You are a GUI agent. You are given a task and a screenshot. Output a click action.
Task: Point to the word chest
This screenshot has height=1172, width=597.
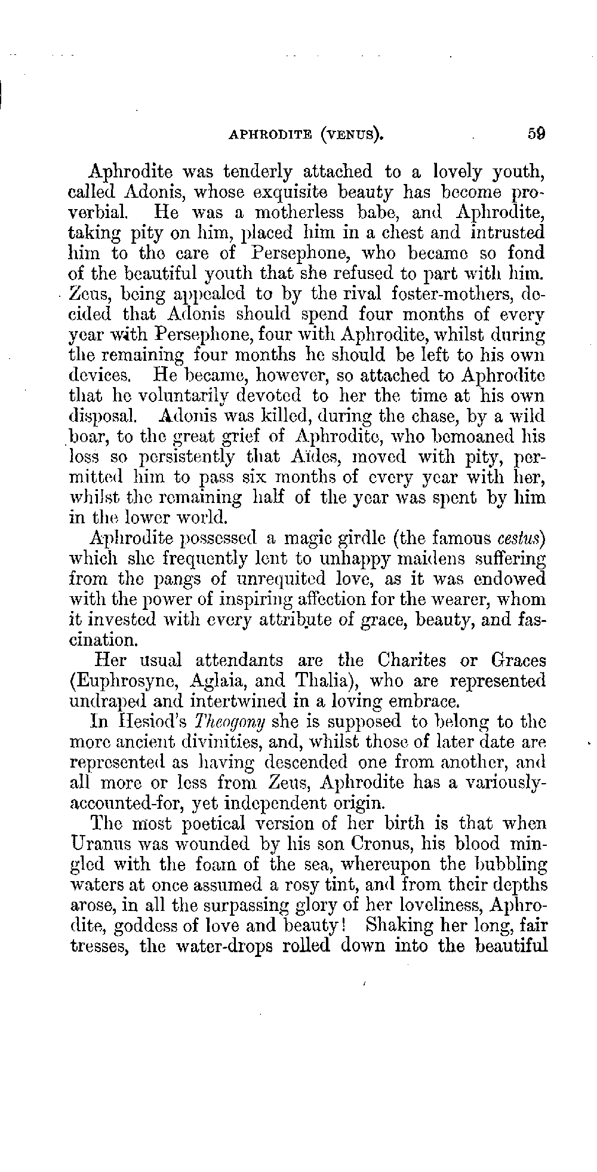(x=417, y=232)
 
